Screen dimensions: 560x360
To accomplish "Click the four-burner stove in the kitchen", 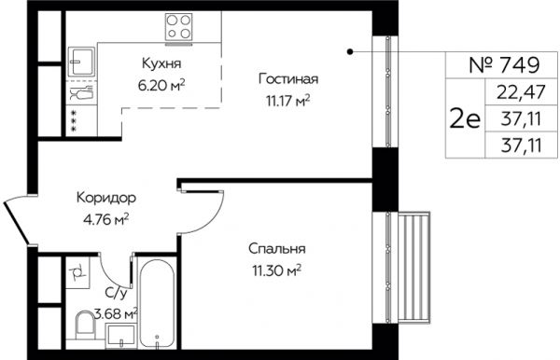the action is tap(178, 27).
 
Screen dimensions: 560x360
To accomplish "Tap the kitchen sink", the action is tap(81, 62).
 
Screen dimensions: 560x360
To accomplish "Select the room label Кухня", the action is tap(161, 63).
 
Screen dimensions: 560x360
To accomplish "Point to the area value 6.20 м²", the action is tap(161, 85).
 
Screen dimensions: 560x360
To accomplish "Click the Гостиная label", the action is tap(287, 79).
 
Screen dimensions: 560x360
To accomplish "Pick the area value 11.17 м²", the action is tap(287, 101).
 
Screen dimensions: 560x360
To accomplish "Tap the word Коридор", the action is tap(106, 198).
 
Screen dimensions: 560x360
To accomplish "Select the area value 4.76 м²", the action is tap(105, 220).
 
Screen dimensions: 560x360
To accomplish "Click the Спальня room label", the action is tap(277, 249).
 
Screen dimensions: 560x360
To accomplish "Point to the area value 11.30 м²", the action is tap(277, 270).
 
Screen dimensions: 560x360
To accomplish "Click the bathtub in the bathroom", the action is tap(157, 303).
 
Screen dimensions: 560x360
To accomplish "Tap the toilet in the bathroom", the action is tap(85, 325).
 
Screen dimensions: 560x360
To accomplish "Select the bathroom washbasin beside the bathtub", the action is tap(121, 336).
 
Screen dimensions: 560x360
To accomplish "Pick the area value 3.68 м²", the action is tap(116, 314).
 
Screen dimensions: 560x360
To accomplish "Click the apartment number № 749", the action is tap(504, 65).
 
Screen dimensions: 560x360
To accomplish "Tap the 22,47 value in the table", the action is tap(521, 92).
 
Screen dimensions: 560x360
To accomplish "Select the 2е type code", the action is tap(465, 119).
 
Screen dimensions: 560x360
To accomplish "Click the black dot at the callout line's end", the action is tap(350, 51).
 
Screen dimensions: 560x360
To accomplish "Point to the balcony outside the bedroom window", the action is tap(413, 268).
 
